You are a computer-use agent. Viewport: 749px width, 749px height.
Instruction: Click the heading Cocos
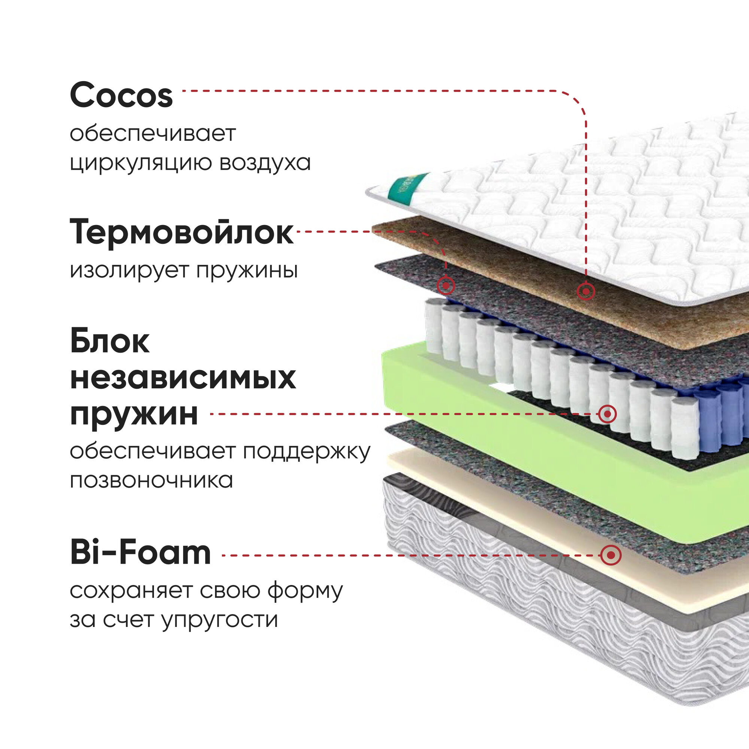[121, 95]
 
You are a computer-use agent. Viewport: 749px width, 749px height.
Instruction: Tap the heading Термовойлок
[181, 232]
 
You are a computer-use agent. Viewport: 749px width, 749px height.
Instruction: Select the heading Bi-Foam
[140, 552]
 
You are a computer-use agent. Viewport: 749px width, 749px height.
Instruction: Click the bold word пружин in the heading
[134, 414]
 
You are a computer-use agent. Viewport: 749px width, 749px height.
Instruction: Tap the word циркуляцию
[140, 163]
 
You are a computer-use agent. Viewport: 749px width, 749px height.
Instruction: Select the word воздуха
[265, 163]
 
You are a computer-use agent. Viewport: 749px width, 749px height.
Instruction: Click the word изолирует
[129, 270]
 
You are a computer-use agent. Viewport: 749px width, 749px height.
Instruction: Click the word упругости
[220, 620]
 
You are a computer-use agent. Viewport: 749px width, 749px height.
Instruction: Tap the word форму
[306, 591]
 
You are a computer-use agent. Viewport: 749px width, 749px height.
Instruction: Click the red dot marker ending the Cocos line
[585, 291]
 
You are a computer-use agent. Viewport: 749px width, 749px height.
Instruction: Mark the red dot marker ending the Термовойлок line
[446, 286]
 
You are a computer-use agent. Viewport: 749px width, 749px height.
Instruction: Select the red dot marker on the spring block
[607, 414]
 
